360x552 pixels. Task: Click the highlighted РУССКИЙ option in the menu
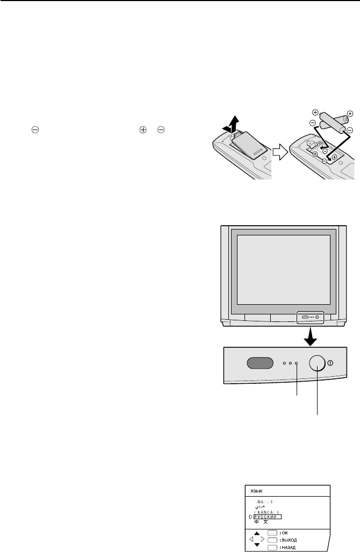coord(264,516)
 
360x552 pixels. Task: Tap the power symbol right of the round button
coord(330,363)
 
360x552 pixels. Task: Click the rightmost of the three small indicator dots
coord(296,363)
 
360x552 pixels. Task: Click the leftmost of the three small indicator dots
coord(285,363)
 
